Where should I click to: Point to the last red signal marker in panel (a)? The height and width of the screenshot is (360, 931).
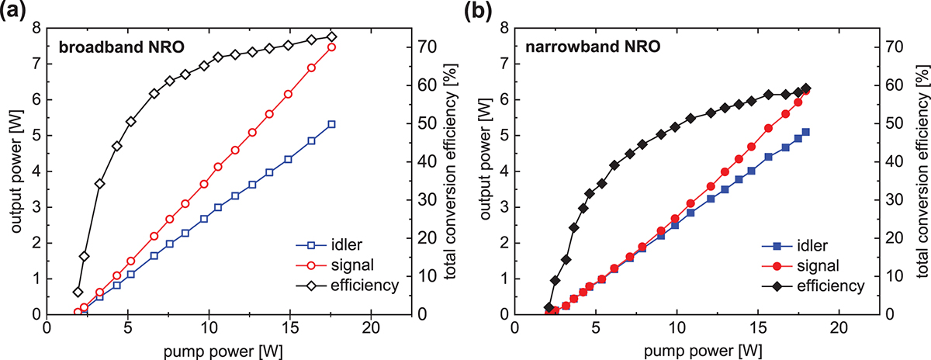(331, 47)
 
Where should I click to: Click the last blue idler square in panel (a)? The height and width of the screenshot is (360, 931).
(331, 124)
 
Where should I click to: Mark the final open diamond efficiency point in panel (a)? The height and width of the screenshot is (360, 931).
(331, 36)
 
